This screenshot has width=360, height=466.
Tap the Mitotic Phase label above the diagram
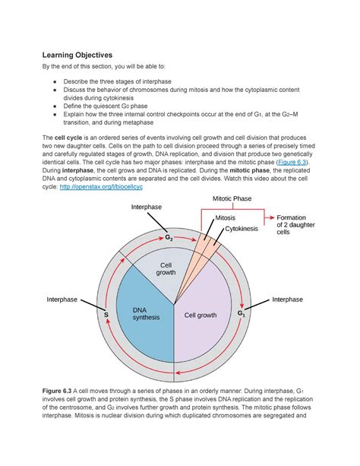click(x=231, y=199)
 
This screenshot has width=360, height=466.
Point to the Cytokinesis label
click(x=237, y=227)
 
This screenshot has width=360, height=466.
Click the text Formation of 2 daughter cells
click(x=293, y=226)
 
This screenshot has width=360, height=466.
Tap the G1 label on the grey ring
click(x=242, y=313)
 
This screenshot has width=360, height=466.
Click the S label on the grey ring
click(x=106, y=313)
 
